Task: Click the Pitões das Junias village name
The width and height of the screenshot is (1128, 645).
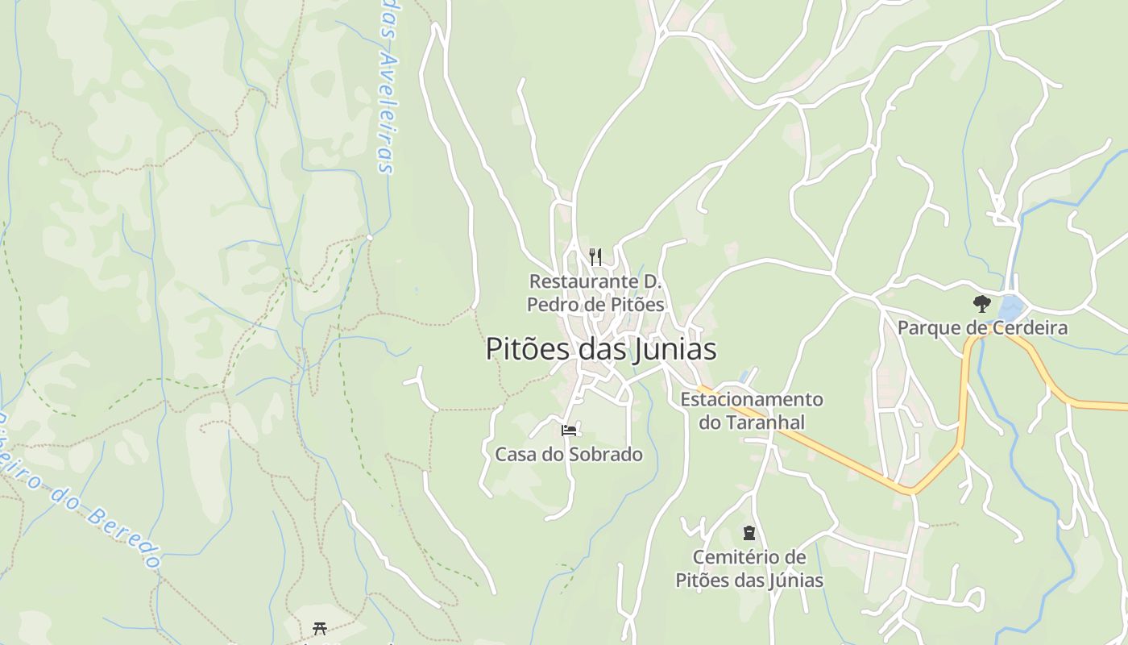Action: click(600, 350)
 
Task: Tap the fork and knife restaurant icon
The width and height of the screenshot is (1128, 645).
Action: click(595, 257)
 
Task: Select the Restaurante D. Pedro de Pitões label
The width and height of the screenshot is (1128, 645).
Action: click(595, 293)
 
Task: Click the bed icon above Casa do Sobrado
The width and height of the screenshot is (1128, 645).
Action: click(569, 431)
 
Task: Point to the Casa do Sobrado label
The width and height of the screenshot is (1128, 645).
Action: click(569, 455)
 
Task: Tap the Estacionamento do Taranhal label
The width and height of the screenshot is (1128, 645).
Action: click(752, 410)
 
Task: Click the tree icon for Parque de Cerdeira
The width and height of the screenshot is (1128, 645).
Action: click(981, 304)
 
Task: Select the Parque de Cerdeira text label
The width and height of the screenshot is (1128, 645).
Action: click(982, 328)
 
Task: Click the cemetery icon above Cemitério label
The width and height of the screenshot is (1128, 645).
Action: click(749, 533)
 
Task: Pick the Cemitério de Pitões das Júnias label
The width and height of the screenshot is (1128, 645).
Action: click(749, 568)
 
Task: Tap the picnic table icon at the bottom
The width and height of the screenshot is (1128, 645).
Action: click(320, 628)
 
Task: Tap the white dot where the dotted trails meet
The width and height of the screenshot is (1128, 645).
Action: click(370, 237)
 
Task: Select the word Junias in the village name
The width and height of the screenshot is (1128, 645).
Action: click(674, 350)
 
